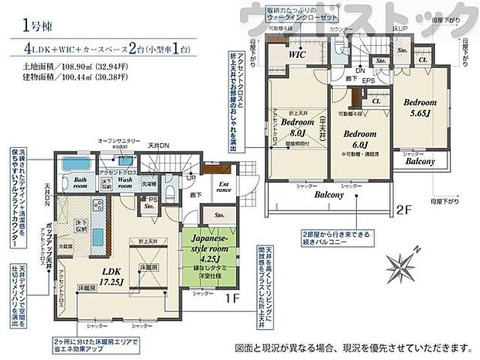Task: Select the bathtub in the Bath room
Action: tap(77, 165)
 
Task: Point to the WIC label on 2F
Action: tap(297, 57)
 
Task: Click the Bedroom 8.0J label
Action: tap(296, 127)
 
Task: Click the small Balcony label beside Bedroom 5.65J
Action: tap(418, 162)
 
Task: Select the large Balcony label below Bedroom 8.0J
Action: tap(328, 195)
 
